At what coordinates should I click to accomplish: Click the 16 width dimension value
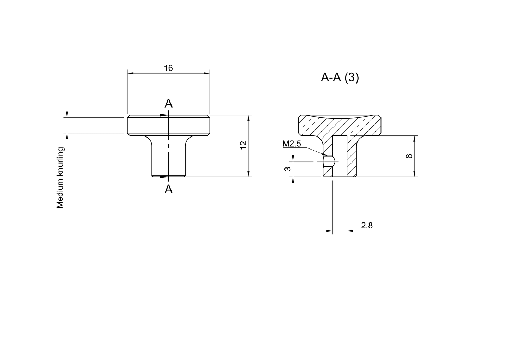(168, 68)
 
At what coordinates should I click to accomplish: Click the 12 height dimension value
(243, 145)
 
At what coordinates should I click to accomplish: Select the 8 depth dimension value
(409, 156)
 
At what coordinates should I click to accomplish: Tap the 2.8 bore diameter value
(367, 226)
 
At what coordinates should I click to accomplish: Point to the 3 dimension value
(288, 169)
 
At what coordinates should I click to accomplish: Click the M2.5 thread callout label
(291, 144)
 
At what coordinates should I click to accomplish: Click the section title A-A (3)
(340, 77)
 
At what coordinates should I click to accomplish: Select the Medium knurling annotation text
(60, 178)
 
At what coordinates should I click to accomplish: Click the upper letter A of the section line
(169, 103)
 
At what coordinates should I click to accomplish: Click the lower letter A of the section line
(169, 189)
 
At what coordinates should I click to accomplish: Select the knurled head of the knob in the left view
(168, 125)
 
